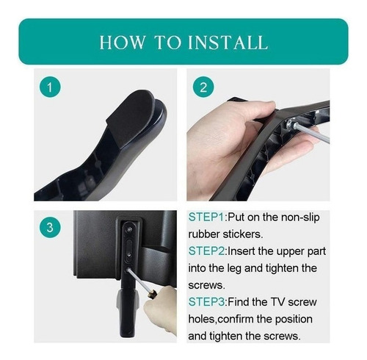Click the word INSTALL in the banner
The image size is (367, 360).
228,43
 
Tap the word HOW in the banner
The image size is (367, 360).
123,43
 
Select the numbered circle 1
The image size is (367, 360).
50,87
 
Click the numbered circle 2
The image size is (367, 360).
203,87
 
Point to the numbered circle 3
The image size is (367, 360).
50,227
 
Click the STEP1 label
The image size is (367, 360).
206,217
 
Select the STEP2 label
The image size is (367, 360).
206,251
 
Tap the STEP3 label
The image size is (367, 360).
206,302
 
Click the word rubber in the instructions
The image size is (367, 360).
204,234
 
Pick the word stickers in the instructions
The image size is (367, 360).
243,234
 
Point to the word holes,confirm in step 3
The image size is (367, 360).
250,320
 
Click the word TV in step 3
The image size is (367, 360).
277,302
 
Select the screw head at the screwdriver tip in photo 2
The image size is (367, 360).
291,123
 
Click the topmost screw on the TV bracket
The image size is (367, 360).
129,229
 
